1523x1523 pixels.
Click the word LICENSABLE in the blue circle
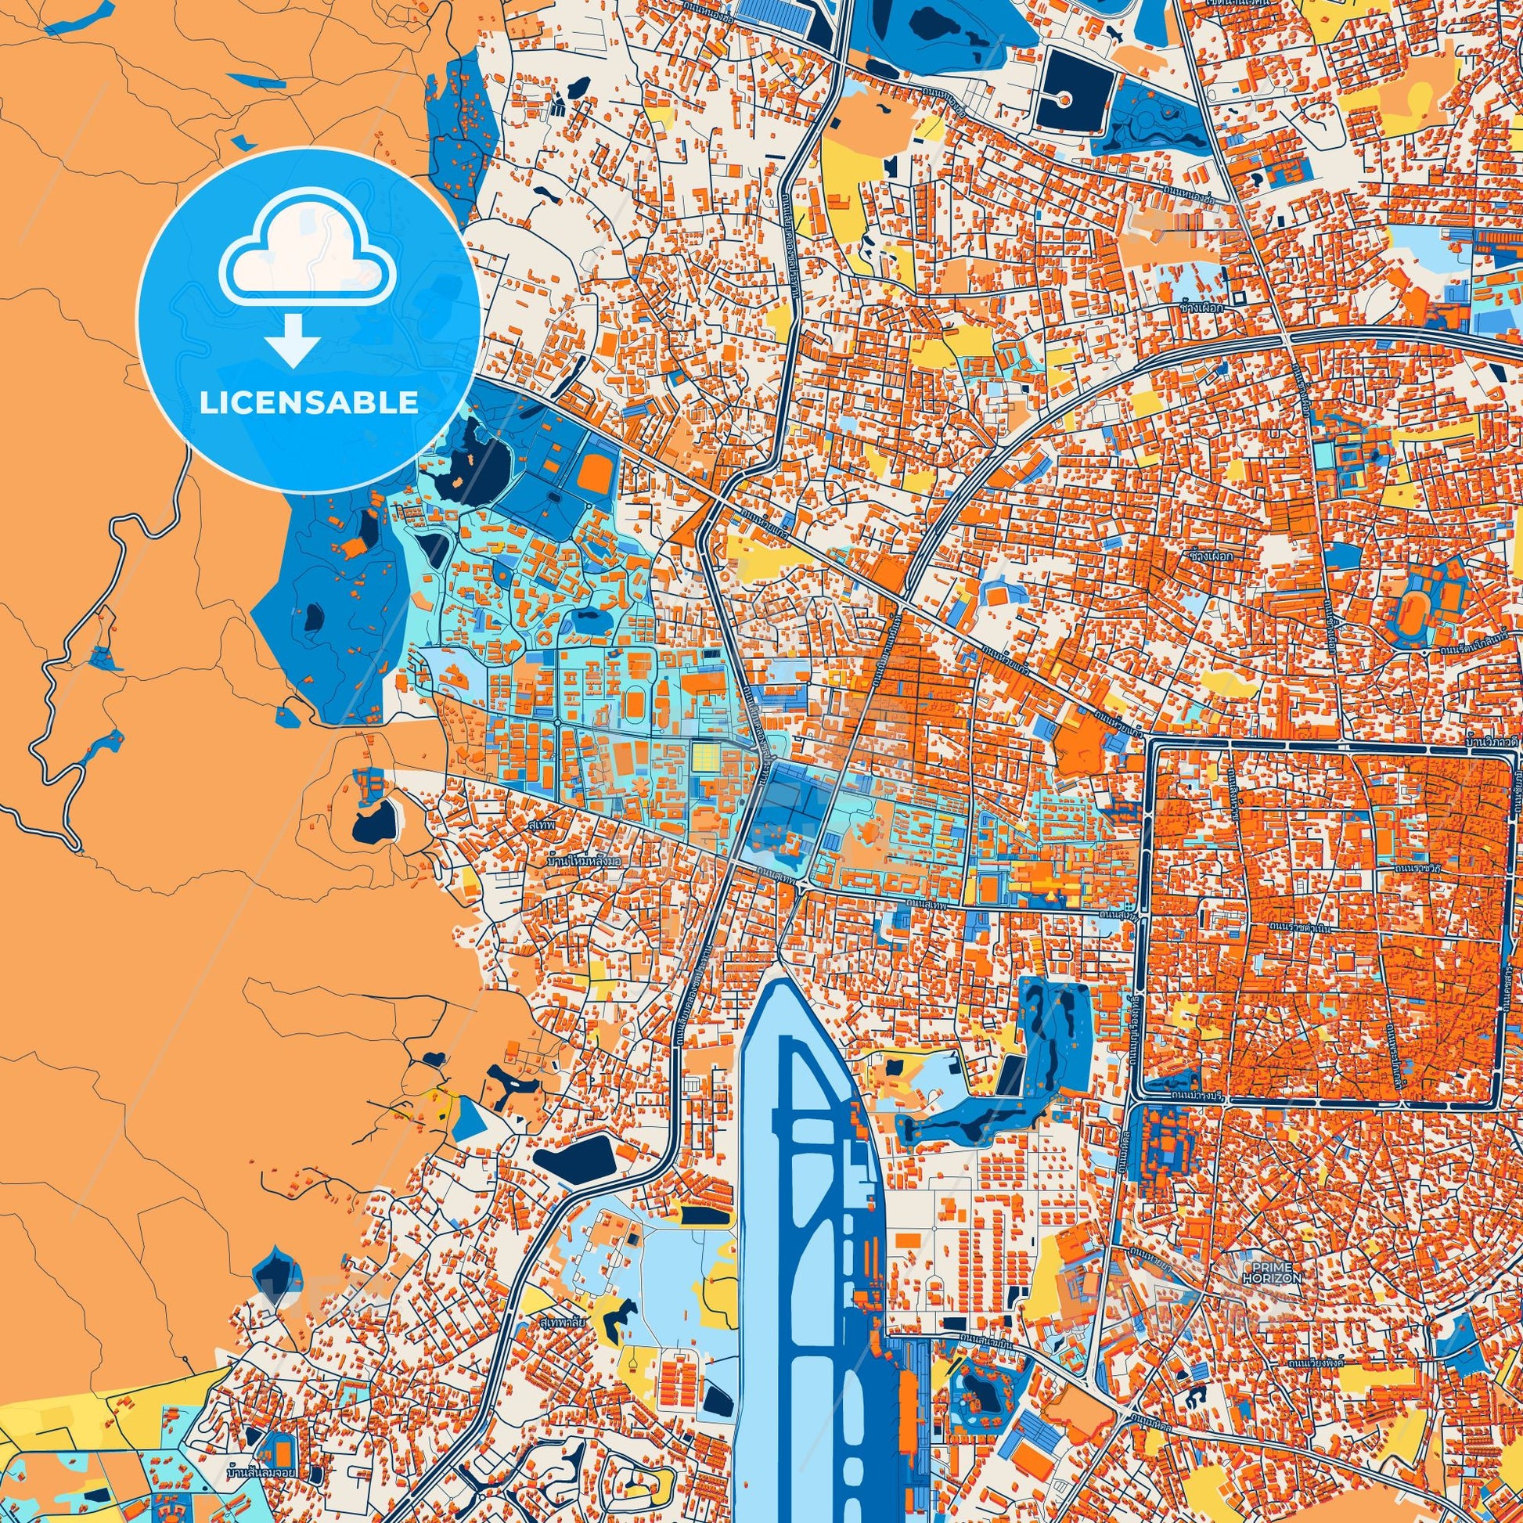pyautogui.click(x=308, y=403)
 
